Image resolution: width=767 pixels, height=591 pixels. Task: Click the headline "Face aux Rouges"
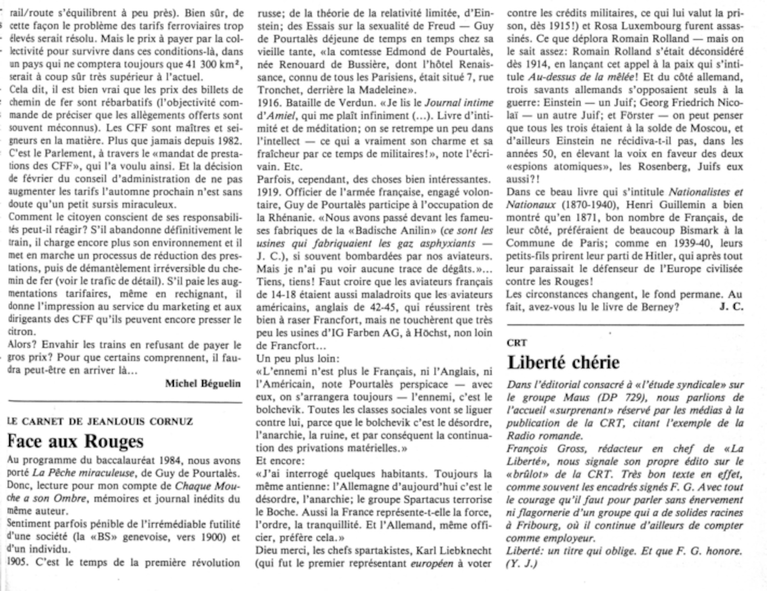(75, 441)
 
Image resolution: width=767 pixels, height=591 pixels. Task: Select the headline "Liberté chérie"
(563, 363)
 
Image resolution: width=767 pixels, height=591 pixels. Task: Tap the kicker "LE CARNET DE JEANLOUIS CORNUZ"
(100, 422)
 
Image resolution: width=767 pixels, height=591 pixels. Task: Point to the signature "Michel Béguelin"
(203, 383)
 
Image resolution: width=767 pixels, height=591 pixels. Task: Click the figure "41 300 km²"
(207, 64)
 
